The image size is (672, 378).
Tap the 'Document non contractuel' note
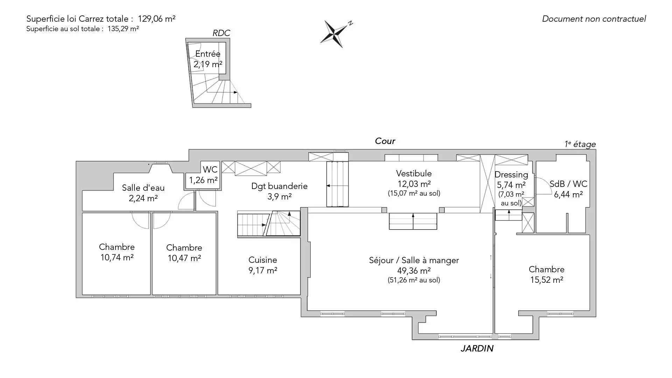pyautogui.click(x=594, y=19)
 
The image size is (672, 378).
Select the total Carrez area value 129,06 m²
pyautogui.click(x=157, y=19)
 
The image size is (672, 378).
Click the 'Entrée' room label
pyautogui.click(x=208, y=54)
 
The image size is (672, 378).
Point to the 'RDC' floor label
pyautogui.click(x=222, y=33)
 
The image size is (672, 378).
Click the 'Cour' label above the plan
pyautogui.click(x=385, y=141)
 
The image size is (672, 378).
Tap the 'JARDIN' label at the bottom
pyautogui.click(x=477, y=349)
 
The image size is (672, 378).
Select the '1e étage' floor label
pyautogui.click(x=580, y=144)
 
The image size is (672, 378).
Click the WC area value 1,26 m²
pyautogui.click(x=203, y=180)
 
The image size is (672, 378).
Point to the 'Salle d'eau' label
pyautogui.click(x=143, y=188)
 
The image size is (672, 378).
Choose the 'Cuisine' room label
pyautogui.click(x=263, y=260)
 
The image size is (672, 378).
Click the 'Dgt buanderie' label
pyautogui.click(x=279, y=186)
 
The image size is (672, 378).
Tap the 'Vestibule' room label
pyautogui.click(x=414, y=174)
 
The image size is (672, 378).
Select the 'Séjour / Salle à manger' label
pyautogui.click(x=414, y=260)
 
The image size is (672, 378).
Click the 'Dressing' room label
pyautogui.click(x=511, y=175)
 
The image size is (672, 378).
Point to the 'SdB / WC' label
pyautogui.click(x=568, y=184)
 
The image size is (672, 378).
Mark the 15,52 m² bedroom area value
pyautogui.click(x=547, y=280)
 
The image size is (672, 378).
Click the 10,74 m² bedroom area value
pyautogui.click(x=117, y=258)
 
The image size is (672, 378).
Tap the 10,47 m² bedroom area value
pyautogui.click(x=184, y=258)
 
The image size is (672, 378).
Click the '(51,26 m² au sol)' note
pyautogui.click(x=414, y=280)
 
